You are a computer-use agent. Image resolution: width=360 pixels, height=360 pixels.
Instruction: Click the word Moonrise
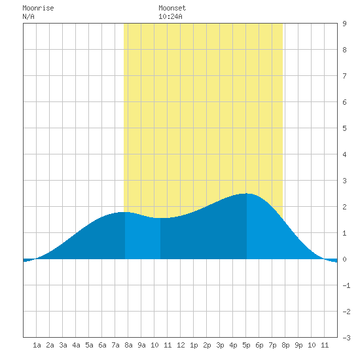tap(38, 9)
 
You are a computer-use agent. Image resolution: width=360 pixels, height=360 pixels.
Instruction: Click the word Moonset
tap(172, 9)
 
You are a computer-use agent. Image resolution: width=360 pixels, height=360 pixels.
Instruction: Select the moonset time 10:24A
tap(170, 16)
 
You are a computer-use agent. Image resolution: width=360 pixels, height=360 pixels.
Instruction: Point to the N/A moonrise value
tap(28, 16)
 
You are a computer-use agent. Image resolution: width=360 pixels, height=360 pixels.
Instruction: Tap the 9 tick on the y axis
tap(344, 24)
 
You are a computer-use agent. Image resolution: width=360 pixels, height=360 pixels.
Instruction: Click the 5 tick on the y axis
tap(344, 128)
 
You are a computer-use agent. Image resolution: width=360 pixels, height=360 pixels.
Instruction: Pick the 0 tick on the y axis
tap(344, 259)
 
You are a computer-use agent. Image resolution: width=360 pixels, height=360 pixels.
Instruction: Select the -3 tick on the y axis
tap(346, 338)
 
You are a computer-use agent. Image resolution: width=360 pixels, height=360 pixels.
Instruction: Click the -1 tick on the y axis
tap(346, 285)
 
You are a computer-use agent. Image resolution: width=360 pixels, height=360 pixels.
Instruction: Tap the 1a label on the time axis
tap(37, 345)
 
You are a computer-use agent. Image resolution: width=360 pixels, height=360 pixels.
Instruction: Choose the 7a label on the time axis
tap(115, 345)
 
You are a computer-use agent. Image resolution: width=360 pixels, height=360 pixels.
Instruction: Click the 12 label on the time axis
tap(181, 345)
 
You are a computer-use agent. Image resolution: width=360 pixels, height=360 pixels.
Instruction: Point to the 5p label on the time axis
tap(246, 345)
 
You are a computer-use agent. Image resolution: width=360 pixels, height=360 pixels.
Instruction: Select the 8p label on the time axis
tap(285, 345)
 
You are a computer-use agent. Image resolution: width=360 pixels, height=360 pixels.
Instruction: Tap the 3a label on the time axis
tap(63, 345)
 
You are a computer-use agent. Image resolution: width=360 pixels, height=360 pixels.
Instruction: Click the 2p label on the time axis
tap(207, 345)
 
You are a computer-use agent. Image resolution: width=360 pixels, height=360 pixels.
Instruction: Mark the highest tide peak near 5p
tap(245, 194)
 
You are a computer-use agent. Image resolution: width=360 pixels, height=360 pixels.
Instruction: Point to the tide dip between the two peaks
tap(161, 218)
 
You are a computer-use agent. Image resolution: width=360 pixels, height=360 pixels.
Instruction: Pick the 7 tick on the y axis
tap(344, 76)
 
